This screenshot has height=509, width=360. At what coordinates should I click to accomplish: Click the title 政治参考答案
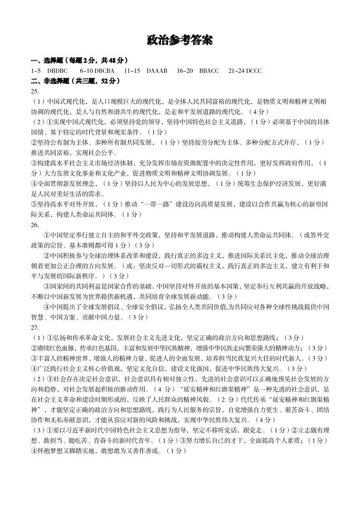tap(180, 40)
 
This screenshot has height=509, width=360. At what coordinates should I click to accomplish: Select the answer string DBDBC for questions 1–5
tap(57, 71)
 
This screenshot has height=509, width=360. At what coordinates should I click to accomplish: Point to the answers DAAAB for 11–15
tap(157, 71)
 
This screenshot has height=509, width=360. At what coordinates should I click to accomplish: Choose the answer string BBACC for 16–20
tap(209, 71)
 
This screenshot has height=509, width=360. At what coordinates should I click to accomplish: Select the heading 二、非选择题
tap(50, 81)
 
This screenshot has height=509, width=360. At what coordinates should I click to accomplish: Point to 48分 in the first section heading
tap(117, 60)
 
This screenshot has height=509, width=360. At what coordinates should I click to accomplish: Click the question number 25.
tap(35, 91)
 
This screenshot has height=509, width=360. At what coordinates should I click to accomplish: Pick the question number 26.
tap(35, 225)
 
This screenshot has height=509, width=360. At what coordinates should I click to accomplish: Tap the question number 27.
tap(35, 327)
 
